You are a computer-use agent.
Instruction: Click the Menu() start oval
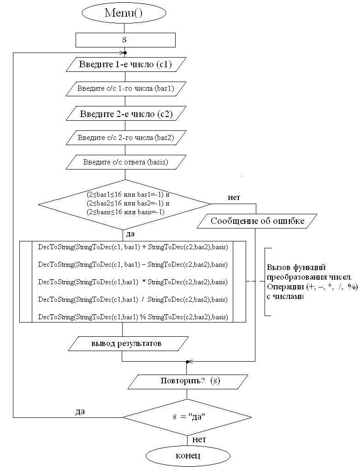[x=124, y=12]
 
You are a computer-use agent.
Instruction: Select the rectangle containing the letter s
[x=125, y=40]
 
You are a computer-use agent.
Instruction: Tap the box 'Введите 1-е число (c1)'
[x=126, y=64]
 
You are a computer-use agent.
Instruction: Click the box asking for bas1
[x=126, y=88]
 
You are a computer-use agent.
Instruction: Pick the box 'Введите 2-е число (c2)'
[x=126, y=114]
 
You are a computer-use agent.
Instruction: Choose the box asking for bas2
[x=126, y=138]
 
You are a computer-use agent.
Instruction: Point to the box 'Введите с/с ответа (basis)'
[x=126, y=162]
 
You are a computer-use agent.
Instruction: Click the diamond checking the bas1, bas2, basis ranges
[x=125, y=204]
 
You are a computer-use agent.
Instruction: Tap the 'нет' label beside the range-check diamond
[x=234, y=197]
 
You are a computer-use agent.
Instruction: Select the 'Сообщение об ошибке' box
[x=257, y=221]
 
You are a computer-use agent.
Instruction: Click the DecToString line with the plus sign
[x=133, y=247]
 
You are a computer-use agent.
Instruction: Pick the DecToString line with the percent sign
[x=133, y=317]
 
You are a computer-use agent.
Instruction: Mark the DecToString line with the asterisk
[x=133, y=282]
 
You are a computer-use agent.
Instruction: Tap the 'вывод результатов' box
[x=129, y=343]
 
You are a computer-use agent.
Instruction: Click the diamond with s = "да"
[x=187, y=417]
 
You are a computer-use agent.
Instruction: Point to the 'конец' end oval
[x=188, y=456]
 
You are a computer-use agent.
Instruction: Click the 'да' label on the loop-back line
[x=80, y=411]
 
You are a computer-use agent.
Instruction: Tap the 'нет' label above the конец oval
[x=199, y=440]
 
